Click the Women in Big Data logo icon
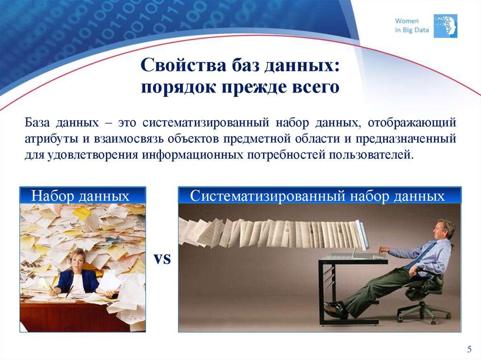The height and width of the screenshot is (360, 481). coord(445,26)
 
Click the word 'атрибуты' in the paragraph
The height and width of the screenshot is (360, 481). coord(48,139)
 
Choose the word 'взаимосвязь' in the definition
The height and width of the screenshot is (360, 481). coord(120,139)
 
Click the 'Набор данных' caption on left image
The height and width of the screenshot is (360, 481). coord(80,196)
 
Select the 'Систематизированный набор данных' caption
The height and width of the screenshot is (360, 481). coord(318,196)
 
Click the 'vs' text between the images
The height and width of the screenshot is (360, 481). coord(162,259)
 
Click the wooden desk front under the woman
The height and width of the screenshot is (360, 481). coord(70,314)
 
